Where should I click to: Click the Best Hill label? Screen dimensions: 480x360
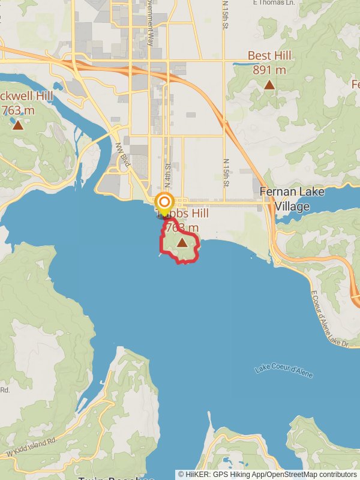pos(269,56)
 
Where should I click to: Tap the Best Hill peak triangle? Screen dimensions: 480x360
pos(269,85)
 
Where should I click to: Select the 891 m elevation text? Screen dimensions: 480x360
pos(269,70)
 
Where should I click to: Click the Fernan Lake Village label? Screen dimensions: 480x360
pos(292,199)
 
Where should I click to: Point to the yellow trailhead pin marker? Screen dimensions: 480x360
pos(164,202)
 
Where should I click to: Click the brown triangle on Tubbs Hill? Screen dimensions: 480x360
pos(182,242)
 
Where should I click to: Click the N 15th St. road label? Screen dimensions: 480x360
pos(226,172)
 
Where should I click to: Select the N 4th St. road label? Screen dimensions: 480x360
pos(168,175)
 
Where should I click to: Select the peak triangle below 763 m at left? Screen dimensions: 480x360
pos(18,125)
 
